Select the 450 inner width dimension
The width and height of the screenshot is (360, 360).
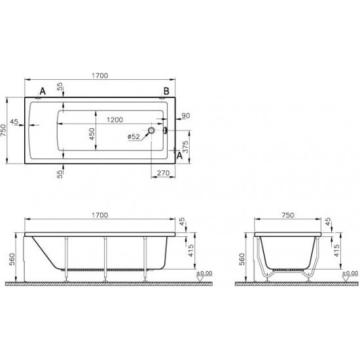point(92,134)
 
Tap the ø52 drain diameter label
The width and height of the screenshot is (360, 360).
point(133,136)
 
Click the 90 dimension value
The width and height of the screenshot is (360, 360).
point(185,117)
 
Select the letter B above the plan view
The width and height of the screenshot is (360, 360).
point(166,90)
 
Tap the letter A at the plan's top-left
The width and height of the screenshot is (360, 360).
point(43,90)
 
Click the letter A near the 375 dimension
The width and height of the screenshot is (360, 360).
point(179,156)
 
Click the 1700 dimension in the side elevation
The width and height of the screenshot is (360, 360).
point(99,215)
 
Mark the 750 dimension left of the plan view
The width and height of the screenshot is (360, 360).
point(9,130)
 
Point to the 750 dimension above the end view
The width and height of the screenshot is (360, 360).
point(287,215)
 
